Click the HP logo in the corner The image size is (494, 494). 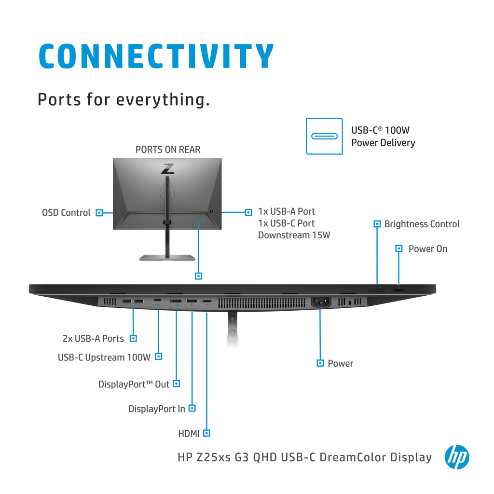point(457,457)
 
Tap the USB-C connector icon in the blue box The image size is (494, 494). point(324,136)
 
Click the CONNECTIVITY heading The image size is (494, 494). point(156,56)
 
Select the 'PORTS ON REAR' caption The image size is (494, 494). point(168,150)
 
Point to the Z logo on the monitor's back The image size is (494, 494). point(167,168)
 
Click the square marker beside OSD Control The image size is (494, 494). point(99,213)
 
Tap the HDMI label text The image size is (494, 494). point(189,434)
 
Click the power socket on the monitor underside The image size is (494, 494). point(321,302)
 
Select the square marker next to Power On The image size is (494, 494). point(399,248)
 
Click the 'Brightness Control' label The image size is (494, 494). point(422,224)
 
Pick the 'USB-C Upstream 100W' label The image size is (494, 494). point(104,357)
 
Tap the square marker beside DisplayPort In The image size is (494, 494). point(192,408)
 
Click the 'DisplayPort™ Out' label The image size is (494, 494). point(134,384)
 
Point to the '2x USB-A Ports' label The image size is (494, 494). point(93,338)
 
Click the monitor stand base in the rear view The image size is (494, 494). point(167,258)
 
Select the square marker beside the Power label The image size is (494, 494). point(320,363)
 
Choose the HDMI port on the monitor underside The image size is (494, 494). point(207,302)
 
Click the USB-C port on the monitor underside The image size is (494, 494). point(158,300)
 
